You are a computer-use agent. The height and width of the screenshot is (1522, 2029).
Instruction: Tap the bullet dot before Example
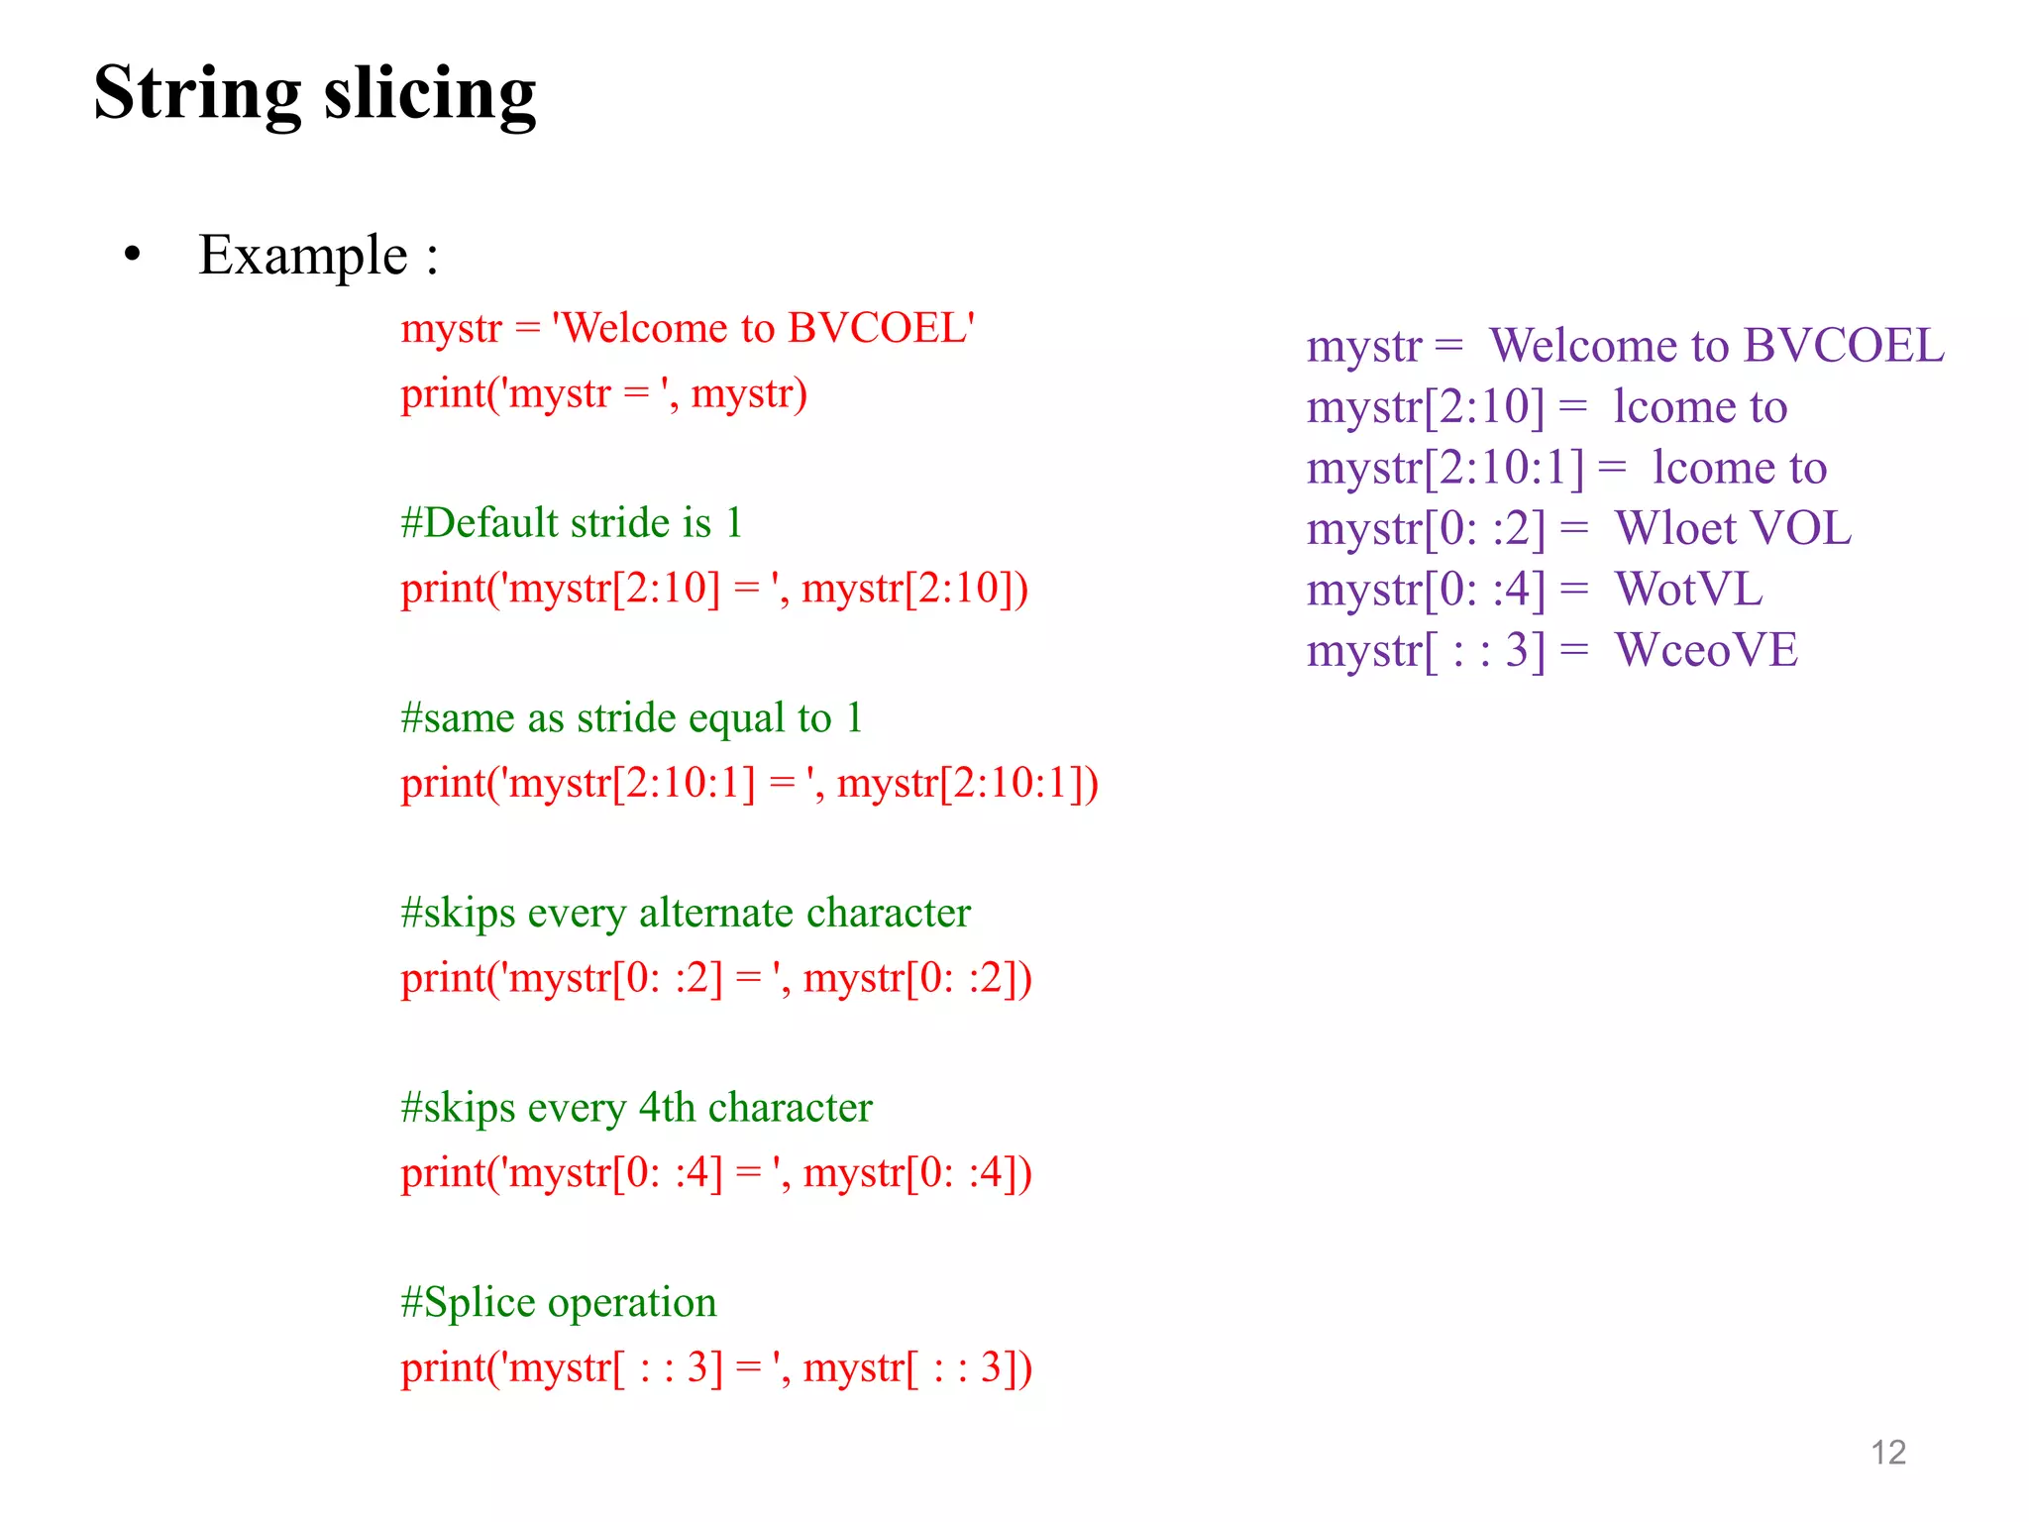[x=133, y=255]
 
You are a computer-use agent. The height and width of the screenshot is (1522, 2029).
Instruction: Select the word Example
[x=303, y=256]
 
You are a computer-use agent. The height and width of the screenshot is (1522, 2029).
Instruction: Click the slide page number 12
[x=1888, y=1453]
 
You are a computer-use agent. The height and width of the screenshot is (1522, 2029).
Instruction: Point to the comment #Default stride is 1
[x=572, y=523]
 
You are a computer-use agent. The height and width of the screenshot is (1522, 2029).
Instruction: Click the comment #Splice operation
[x=559, y=1302]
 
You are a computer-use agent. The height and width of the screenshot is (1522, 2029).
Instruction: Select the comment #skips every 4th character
[x=636, y=1108]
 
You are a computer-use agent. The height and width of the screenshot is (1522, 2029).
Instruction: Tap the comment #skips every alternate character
[x=686, y=913]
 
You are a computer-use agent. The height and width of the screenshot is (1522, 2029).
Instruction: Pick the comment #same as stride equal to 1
[x=632, y=718]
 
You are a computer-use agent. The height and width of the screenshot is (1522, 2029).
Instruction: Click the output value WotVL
[x=1689, y=590]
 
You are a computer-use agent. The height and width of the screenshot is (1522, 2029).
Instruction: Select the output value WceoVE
[x=1706, y=651]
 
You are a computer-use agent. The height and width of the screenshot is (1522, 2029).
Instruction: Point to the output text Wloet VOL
[x=1733, y=529]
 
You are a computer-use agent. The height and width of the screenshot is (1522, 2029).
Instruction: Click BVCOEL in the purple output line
[x=1844, y=346]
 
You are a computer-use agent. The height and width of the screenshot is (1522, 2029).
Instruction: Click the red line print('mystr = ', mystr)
[x=603, y=394]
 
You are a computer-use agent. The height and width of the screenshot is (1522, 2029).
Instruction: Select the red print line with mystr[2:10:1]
[x=749, y=784]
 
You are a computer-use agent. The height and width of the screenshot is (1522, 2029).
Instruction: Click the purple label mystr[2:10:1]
[x=1445, y=468]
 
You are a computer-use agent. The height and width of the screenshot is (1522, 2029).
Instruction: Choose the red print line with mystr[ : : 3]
[x=716, y=1368]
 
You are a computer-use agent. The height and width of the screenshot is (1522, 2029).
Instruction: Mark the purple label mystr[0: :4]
[x=1426, y=591]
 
